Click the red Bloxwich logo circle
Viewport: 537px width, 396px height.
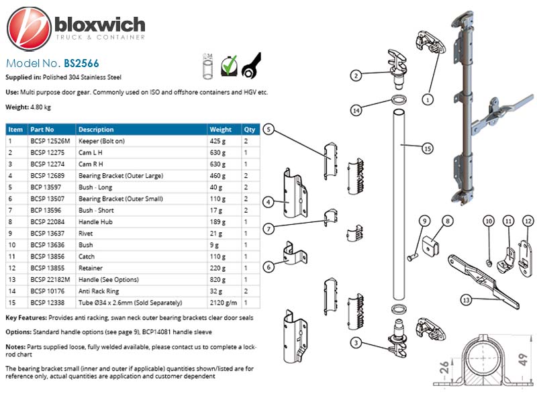pyautogui.click(x=29, y=28)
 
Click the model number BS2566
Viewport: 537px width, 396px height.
pyautogui.click(x=81, y=63)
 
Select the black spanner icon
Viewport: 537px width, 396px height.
pyautogui.click(x=251, y=65)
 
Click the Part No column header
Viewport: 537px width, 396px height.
pyautogui.click(x=42, y=130)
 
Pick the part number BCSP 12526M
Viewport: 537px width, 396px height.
pyautogui.click(x=50, y=141)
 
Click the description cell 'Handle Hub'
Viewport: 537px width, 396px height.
pyautogui.click(x=95, y=222)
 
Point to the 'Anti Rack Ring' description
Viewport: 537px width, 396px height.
pyautogui.click(x=99, y=291)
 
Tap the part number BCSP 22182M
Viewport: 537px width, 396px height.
pyautogui.click(x=50, y=279)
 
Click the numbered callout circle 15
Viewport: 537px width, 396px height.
pyautogui.click(x=428, y=149)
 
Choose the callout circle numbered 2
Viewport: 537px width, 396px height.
pyautogui.click(x=356, y=75)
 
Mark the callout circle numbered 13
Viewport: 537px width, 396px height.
pyautogui.click(x=466, y=300)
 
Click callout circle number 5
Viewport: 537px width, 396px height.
pyautogui.click(x=269, y=130)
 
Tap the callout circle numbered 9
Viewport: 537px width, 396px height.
pyautogui.click(x=425, y=221)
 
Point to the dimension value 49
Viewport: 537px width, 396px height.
pyautogui.click(x=523, y=360)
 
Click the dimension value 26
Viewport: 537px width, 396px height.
pyautogui.click(x=444, y=367)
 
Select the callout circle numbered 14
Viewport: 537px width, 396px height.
pyautogui.click(x=356, y=110)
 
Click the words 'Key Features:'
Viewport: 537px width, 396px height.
pyautogui.click(x=26, y=318)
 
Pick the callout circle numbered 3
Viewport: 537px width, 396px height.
pyautogui.click(x=356, y=342)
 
